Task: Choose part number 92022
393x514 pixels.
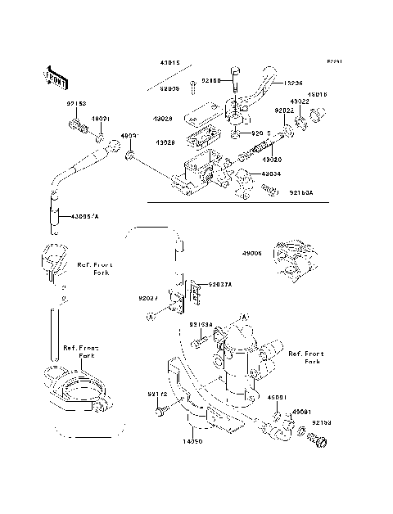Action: (283, 110)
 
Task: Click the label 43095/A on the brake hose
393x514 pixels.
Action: (84, 216)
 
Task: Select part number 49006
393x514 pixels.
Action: (251, 254)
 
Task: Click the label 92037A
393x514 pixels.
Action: (220, 284)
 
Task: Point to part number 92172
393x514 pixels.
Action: (157, 395)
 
